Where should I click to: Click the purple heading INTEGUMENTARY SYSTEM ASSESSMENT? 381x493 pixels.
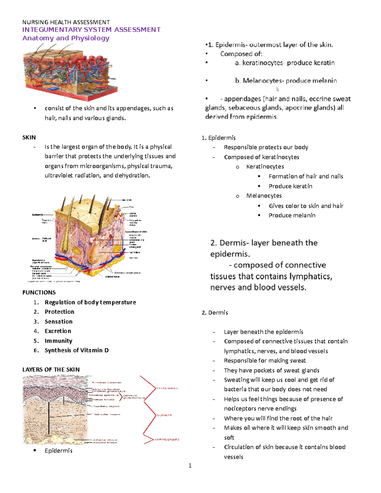pyautogui.click(x=91, y=30)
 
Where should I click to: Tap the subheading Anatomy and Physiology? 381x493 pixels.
pyautogui.click(x=66, y=38)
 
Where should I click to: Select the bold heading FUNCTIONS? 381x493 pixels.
pyautogui.click(x=39, y=292)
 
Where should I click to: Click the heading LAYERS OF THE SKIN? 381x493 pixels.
pyautogui.click(x=51, y=370)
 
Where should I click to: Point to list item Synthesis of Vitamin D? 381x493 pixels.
pyautogui.click(x=77, y=350)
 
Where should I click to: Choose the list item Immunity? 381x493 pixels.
pyautogui.click(x=58, y=341)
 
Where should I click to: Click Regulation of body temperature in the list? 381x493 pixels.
pyautogui.click(x=90, y=302)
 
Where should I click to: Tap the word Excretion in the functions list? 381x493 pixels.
pyautogui.click(x=58, y=331)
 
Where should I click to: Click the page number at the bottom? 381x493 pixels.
pyautogui.click(x=190, y=466)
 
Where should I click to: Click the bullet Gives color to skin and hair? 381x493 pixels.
pyautogui.click(x=306, y=206)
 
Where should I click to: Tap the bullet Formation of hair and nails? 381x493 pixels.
pyautogui.click(x=306, y=176)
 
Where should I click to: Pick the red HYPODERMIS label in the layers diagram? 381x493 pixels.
pyautogui.click(x=167, y=440)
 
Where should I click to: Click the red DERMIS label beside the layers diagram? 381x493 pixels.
pyautogui.click(x=164, y=415)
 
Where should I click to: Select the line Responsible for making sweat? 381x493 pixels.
pyautogui.click(x=264, y=360)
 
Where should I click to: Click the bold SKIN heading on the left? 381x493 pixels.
pyautogui.click(x=29, y=137)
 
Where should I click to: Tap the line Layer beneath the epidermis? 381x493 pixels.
pyautogui.click(x=263, y=332)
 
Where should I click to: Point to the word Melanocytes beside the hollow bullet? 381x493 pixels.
pyautogui.click(x=264, y=196)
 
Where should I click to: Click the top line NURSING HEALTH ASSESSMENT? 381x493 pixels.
pyautogui.click(x=66, y=22)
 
